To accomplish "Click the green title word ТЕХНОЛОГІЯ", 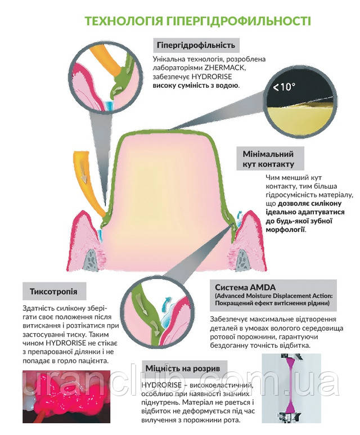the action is [x=123, y=21].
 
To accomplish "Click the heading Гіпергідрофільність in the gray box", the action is [x=196, y=45].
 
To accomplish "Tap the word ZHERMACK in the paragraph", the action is [x=225, y=68].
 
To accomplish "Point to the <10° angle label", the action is [x=283, y=87].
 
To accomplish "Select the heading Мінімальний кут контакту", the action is [x=268, y=159].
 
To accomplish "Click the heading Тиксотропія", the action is [x=53, y=292].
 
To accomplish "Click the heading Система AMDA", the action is [x=245, y=288].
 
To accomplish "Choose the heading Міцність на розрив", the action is [x=183, y=369].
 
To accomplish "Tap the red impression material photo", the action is [x=66, y=396].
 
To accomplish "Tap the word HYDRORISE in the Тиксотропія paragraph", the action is [x=66, y=343].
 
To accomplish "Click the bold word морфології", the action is [x=285, y=230].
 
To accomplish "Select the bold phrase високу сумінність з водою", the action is [x=196, y=86].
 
